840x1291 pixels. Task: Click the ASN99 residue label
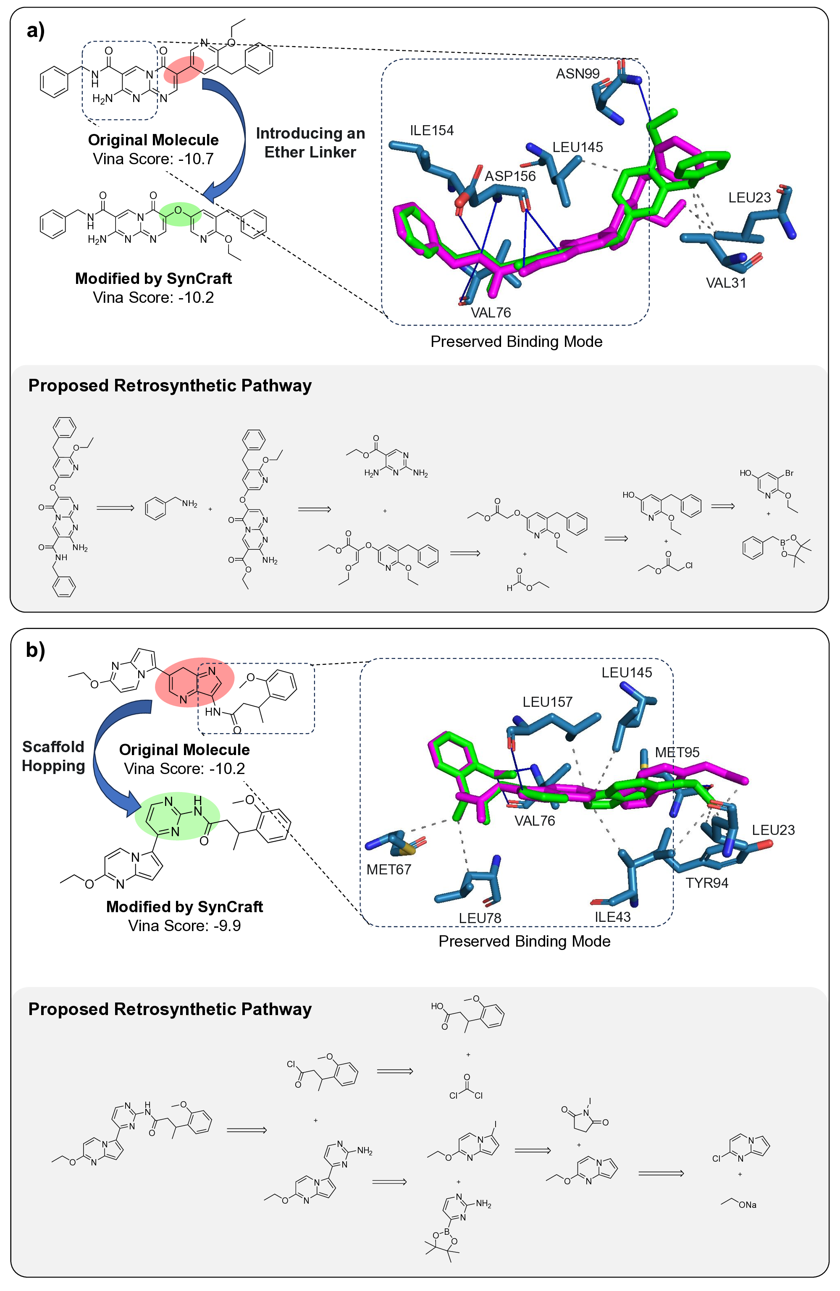pos(577,74)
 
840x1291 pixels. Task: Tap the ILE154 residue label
pos(431,130)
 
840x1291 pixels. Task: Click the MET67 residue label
pos(388,869)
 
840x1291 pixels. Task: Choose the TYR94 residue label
pos(706,882)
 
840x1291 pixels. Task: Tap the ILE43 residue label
pos(613,917)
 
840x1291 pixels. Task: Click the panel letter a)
pos(36,30)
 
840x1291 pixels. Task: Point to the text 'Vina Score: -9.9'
pos(184,925)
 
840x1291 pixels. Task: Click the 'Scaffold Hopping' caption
pos(53,756)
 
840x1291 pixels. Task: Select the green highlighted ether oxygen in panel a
pos(178,210)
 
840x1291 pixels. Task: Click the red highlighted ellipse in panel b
pos(194,682)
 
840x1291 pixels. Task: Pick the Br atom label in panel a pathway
pos(789,473)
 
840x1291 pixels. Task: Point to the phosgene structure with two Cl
pos(467,1086)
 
